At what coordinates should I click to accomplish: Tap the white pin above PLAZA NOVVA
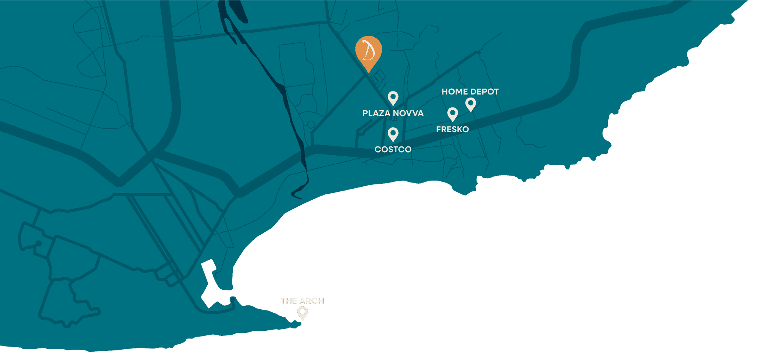393,98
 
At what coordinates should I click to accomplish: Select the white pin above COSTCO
393,134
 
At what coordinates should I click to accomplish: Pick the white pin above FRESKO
453,114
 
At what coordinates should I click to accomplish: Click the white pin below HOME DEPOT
471,104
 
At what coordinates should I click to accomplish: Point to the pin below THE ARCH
303,313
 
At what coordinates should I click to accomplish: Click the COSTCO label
393,149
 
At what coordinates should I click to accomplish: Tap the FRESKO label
452,129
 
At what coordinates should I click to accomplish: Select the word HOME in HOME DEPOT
454,92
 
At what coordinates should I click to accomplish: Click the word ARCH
312,301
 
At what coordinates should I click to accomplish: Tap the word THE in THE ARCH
289,301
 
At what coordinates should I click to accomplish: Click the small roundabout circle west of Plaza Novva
311,124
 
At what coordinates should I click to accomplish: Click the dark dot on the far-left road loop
39,243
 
